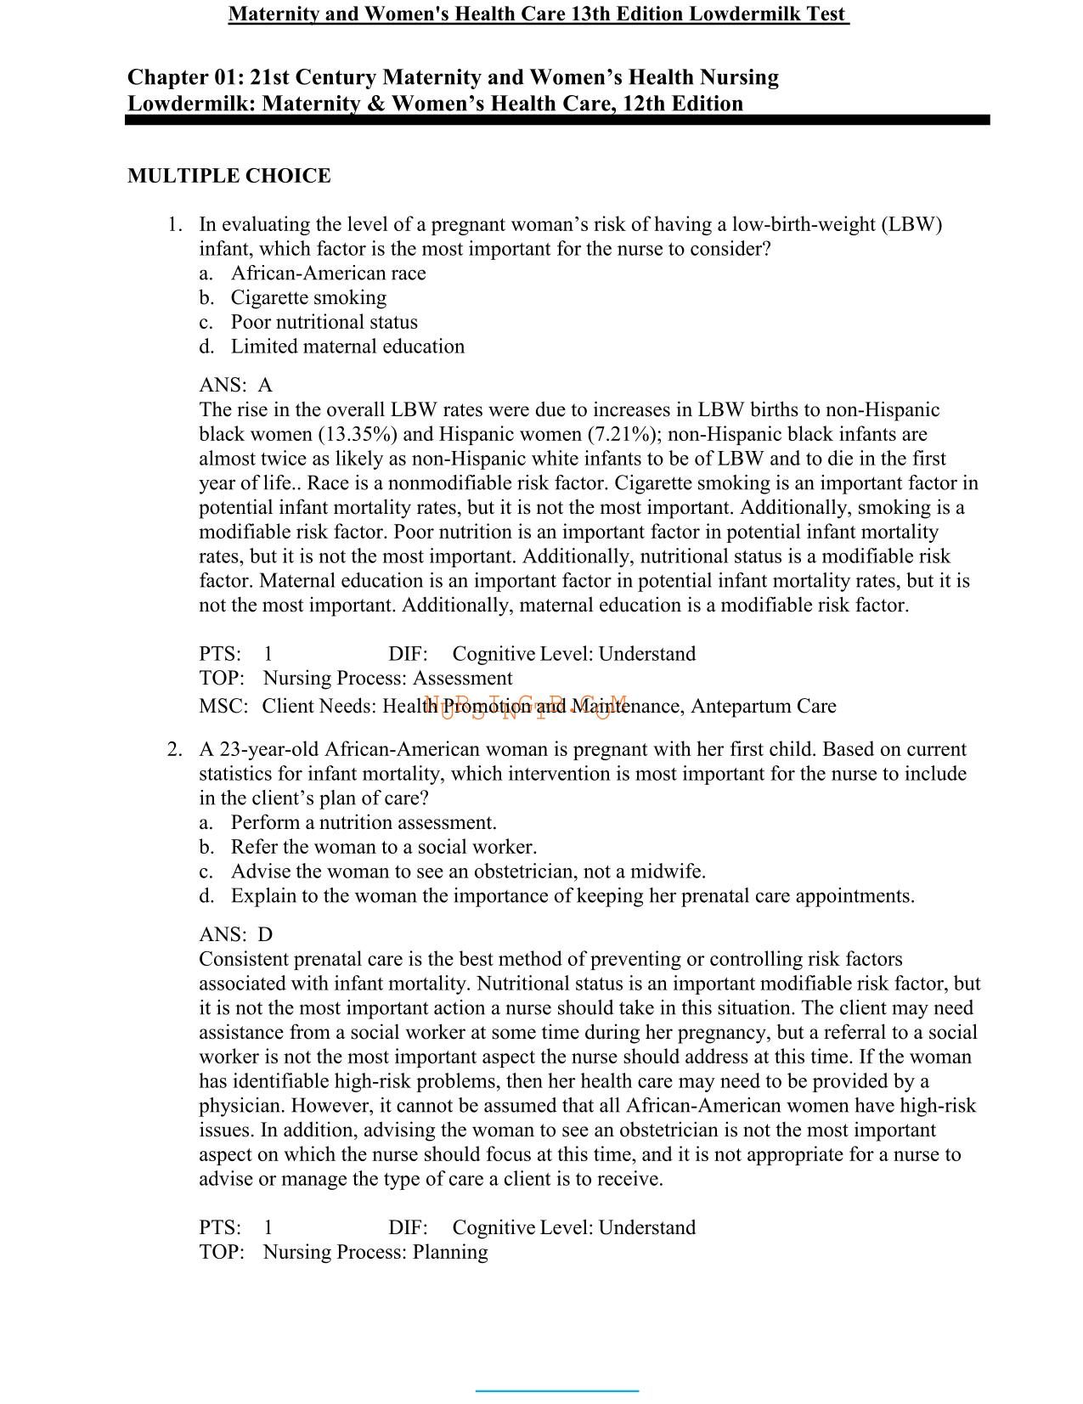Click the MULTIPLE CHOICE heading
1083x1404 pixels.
tap(228, 176)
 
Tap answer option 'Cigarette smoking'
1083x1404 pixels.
tap(308, 297)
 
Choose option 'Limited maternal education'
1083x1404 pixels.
tap(347, 347)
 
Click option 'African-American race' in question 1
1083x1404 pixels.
tap(328, 273)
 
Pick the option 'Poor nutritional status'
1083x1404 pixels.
tap(324, 322)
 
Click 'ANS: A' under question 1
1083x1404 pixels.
tap(235, 385)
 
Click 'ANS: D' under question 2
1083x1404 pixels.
tap(235, 934)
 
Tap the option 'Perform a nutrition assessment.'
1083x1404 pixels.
tap(364, 822)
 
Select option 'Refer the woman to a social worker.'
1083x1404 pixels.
tap(383, 847)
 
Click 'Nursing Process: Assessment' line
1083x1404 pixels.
tap(387, 678)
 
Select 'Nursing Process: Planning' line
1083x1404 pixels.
tap(375, 1252)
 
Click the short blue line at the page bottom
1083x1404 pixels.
tap(556, 1390)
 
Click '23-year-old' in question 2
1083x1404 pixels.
tap(269, 749)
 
